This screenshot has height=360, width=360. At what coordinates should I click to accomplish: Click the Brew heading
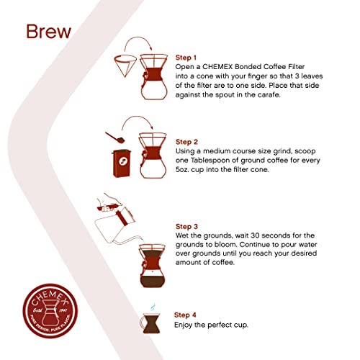48,32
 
